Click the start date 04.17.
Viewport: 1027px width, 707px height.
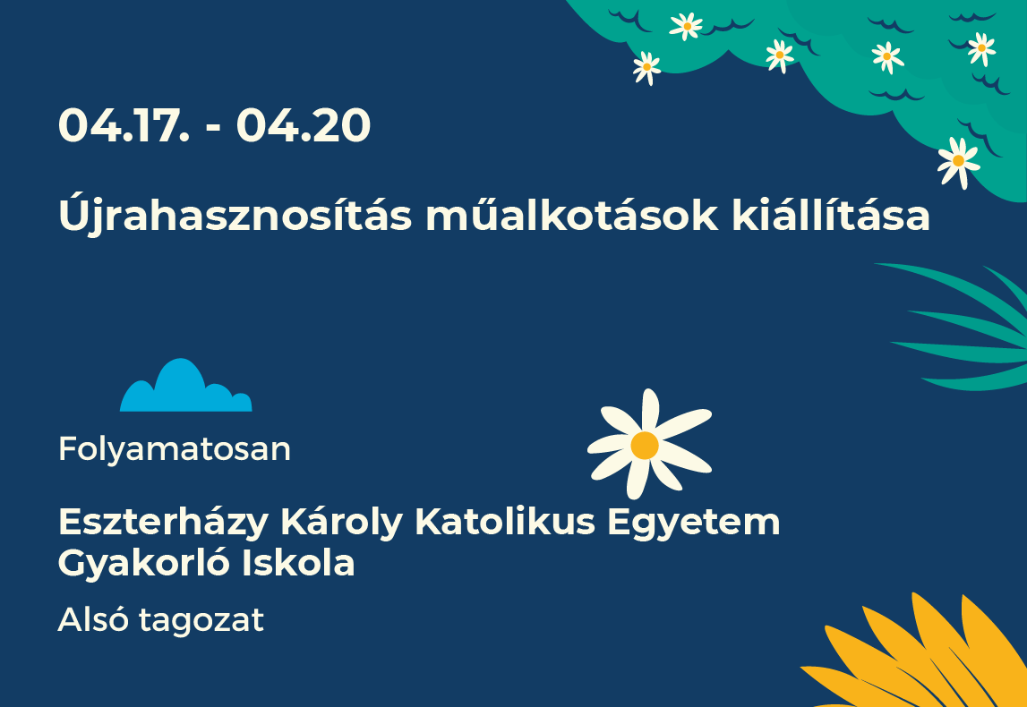[124, 125]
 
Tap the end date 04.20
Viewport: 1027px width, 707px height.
[304, 125]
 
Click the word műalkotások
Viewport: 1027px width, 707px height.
[572, 215]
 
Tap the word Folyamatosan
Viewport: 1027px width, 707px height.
[175, 450]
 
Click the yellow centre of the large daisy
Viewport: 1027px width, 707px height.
[645, 445]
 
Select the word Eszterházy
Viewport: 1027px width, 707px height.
[163, 524]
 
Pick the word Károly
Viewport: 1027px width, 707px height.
[341, 524]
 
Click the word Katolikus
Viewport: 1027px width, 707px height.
[505, 522]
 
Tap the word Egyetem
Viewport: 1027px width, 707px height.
[694, 524]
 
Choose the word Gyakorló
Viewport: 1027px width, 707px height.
[143, 562]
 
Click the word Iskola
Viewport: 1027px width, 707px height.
[298, 562]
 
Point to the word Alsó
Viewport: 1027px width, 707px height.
[93, 618]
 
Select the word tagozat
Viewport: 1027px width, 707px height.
[201, 620]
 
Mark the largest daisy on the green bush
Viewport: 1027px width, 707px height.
[958, 162]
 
